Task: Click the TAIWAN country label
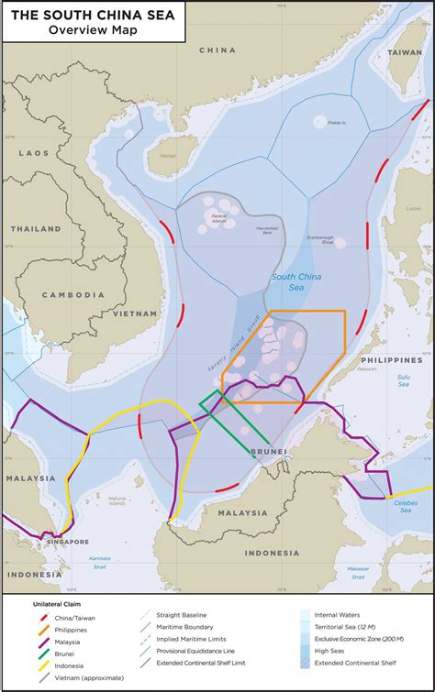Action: point(404,53)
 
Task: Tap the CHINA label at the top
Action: point(217,49)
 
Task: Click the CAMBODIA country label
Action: point(73,294)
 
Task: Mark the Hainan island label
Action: point(168,156)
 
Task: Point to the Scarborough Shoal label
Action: point(328,240)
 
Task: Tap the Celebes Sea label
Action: point(405,504)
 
